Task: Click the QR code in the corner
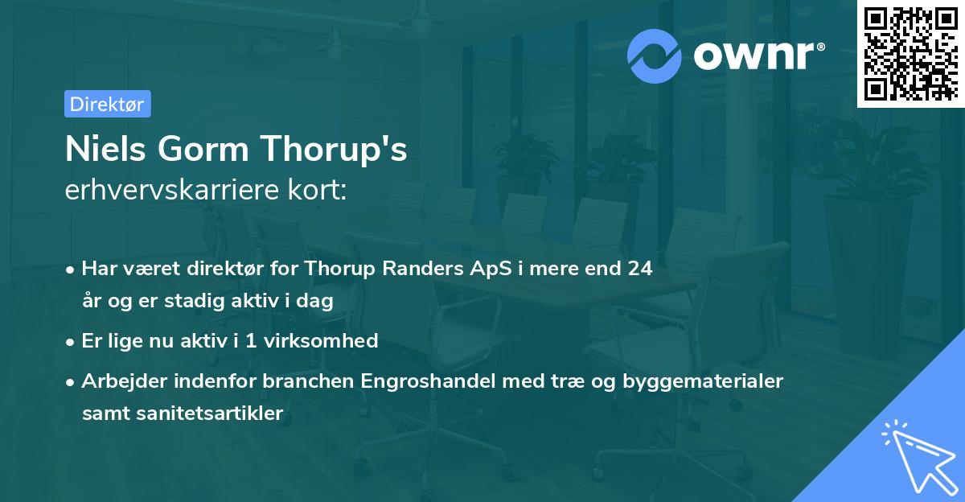(x=910, y=54)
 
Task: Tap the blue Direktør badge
(x=107, y=104)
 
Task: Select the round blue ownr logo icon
(x=655, y=55)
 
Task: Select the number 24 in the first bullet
(x=640, y=269)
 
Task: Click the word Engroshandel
(x=430, y=381)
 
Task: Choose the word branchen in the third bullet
(x=304, y=381)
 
